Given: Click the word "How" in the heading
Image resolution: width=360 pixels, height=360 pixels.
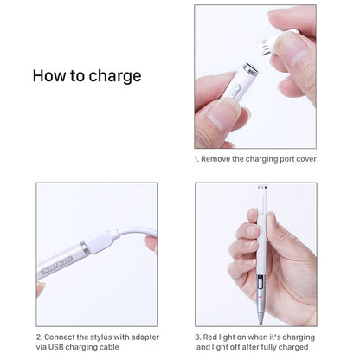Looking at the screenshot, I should pyautogui.click(x=49, y=75).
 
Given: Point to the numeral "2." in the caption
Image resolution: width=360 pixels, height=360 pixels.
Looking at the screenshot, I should pyautogui.click(x=38, y=336).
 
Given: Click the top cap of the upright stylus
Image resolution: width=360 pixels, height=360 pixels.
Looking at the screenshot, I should pyautogui.click(x=261, y=188).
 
